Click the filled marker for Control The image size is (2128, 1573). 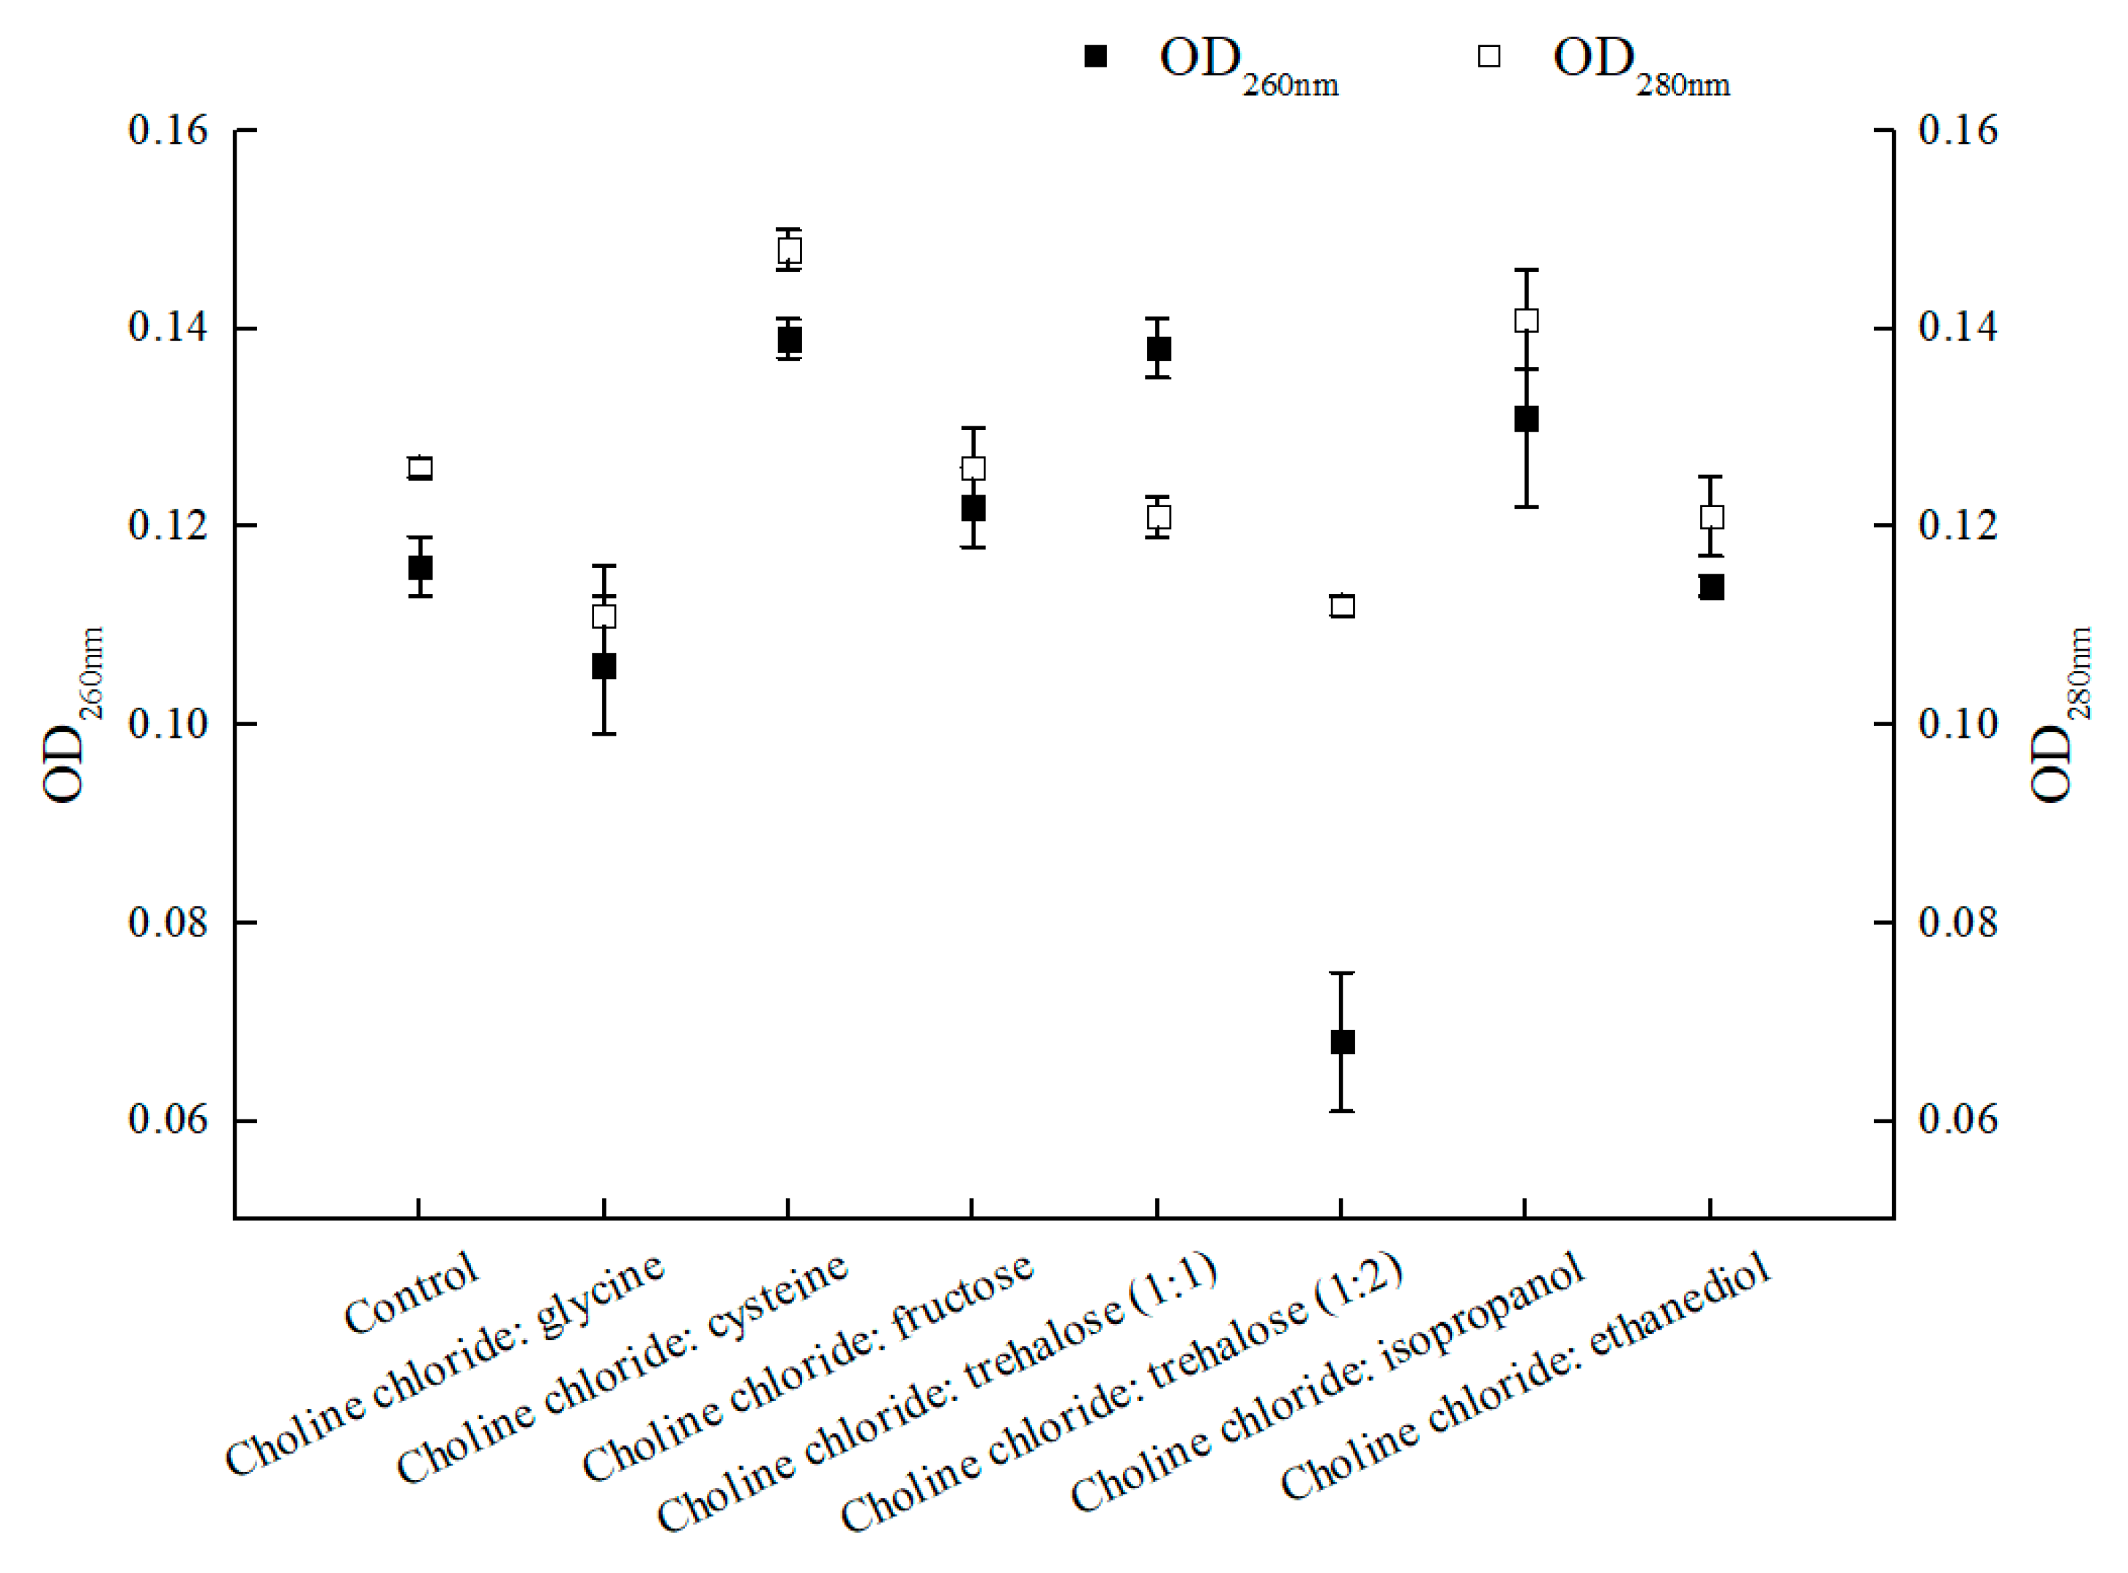(x=420, y=568)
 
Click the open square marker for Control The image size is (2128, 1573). (x=420, y=467)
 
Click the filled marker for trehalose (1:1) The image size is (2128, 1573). (x=1159, y=349)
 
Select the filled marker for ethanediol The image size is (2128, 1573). (x=1712, y=587)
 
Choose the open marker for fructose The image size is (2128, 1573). (x=973, y=467)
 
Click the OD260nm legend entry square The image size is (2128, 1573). (x=1096, y=56)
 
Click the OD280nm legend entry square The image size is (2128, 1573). (x=1489, y=56)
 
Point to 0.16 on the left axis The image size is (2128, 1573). (x=168, y=130)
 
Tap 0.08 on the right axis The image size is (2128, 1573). (x=1957, y=922)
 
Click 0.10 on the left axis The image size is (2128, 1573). (x=168, y=724)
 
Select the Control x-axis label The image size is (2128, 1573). (x=412, y=1294)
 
